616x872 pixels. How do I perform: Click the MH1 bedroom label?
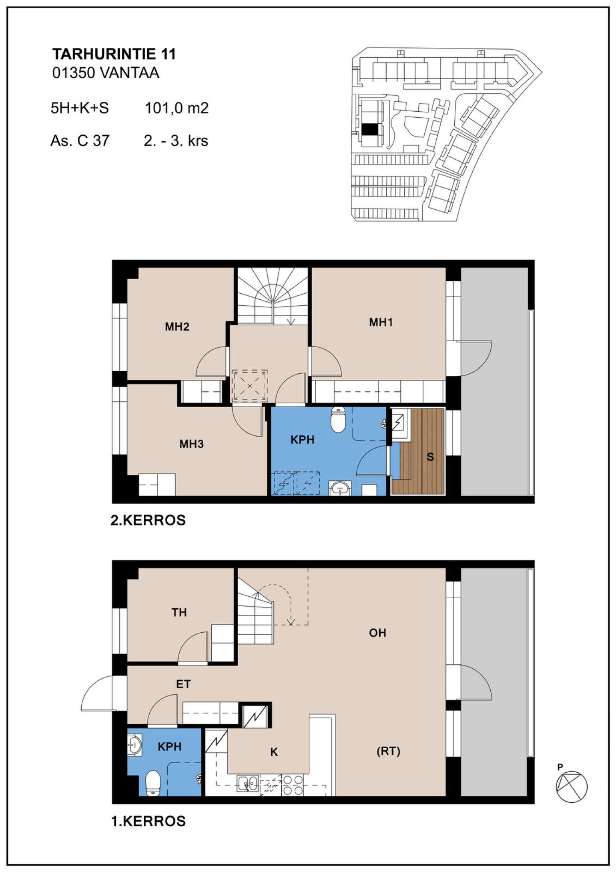381,322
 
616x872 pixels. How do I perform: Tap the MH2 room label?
177,327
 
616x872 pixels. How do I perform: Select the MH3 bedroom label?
191,444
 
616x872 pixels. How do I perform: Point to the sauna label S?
430,457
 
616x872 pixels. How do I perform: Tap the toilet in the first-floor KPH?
153,783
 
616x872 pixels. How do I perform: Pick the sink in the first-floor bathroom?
135,745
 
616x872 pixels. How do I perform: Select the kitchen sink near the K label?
248,784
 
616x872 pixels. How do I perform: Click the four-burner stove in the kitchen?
293,784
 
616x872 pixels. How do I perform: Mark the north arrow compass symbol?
572,786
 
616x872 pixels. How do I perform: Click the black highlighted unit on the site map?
370,129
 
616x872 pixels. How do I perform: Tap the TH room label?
179,613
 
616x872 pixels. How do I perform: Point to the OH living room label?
377,633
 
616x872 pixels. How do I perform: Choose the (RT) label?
388,751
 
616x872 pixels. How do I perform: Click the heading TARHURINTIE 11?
114,54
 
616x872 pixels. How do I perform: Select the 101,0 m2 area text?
177,108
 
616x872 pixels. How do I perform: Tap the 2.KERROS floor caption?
148,520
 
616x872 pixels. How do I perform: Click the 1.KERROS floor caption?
148,821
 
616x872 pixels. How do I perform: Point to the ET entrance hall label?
183,685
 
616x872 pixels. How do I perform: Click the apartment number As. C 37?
80,140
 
